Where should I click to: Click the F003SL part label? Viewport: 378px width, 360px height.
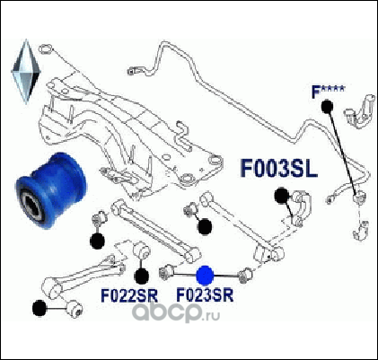pyautogui.click(x=278, y=169)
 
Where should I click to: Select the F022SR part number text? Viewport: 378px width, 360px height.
pyautogui.click(x=129, y=295)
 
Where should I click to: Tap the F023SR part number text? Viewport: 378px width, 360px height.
pyautogui.click(x=205, y=295)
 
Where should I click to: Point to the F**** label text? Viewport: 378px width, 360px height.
pyautogui.click(x=329, y=92)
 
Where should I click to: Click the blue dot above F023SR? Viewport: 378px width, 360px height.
pyautogui.click(x=205, y=275)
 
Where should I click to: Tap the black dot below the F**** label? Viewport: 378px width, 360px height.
pyautogui.click(x=327, y=107)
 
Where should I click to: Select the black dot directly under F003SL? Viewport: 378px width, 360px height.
pyautogui.click(x=282, y=196)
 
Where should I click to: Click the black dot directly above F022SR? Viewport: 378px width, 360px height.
pyautogui.click(x=142, y=277)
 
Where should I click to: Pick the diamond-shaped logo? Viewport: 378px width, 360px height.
pyautogui.click(x=26, y=72)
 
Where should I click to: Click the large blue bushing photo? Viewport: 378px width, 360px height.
pyautogui.click(x=51, y=190)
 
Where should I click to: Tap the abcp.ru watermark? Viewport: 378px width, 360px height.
pyautogui.click(x=176, y=312)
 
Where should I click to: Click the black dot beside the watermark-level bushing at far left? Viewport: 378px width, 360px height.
pyautogui.click(x=40, y=308)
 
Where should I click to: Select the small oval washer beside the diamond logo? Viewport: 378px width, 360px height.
pyautogui.click(x=46, y=48)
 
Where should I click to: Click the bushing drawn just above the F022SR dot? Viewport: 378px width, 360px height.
pyautogui.click(x=140, y=250)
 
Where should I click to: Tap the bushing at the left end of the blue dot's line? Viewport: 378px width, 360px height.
pyautogui.click(x=166, y=272)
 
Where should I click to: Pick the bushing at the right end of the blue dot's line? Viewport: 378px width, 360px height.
pyautogui.click(x=246, y=275)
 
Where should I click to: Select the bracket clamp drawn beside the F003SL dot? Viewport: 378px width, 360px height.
pyautogui.click(x=300, y=207)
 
